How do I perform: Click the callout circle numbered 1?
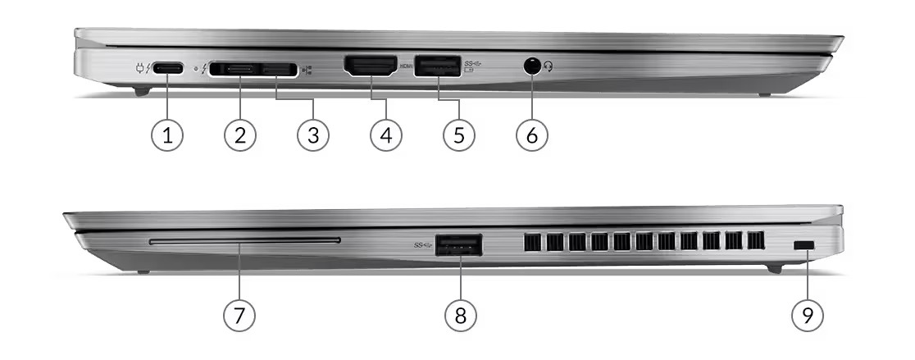click(167, 135)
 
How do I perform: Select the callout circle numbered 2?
click(240, 135)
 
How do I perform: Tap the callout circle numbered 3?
click(312, 135)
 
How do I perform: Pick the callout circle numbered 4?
click(385, 135)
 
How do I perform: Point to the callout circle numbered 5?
click(458, 135)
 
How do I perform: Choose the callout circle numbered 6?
click(531, 135)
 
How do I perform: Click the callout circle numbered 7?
click(239, 316)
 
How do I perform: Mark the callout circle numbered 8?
click(461, 316)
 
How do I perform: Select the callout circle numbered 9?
click(808, 316)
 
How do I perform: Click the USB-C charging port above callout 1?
click(168, 68)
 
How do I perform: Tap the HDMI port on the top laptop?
click(371, 66)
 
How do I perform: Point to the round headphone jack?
click(531, 66)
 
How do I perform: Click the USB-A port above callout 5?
click(438, 65)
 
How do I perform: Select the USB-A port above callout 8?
click(458, 245)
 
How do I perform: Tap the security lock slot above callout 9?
click(804, 247)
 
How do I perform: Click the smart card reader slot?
click(244, 240)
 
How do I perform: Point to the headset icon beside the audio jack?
click(548, 67)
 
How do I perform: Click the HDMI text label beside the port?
click(406, 66)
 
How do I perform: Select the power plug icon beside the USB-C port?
click(140, 68)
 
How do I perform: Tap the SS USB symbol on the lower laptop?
click(423, 245)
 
